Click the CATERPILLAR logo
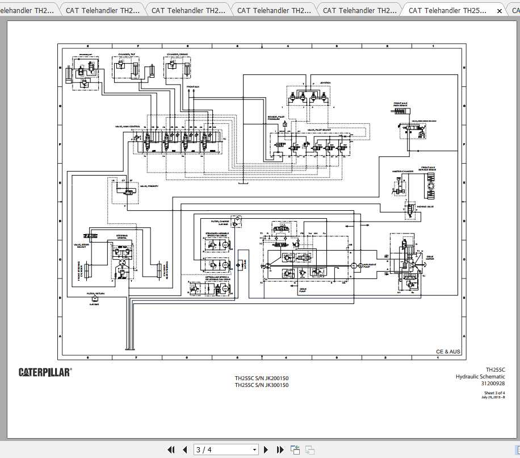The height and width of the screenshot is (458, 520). pos(45,372)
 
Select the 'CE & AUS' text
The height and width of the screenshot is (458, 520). pos(448,352)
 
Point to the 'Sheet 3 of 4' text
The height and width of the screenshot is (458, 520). pos(494,393)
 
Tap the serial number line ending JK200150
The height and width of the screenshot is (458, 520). pos(262,378)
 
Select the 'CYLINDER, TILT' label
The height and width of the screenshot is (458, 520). pos(127,55)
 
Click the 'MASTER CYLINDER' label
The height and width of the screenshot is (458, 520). pos(403,171)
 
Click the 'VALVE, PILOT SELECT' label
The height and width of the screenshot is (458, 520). pos(318,130)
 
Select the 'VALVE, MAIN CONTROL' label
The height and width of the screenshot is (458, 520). pos(127,126)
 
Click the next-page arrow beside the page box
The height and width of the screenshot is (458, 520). pos(266,449)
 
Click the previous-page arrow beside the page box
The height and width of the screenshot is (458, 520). pos(184,449)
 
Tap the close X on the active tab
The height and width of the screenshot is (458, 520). pos(499,10)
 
